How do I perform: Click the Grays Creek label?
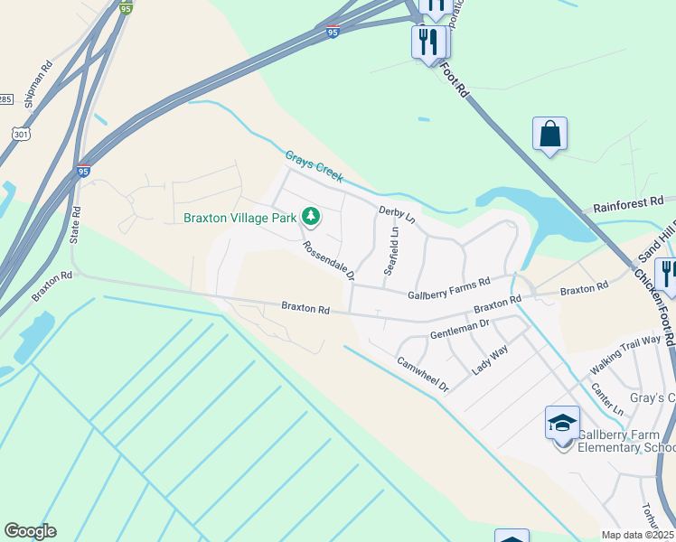314,166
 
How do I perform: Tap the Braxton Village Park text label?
240,218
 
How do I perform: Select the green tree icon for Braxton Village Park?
311,216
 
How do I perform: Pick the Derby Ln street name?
397,215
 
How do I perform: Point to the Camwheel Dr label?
423,373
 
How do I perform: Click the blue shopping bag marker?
549,135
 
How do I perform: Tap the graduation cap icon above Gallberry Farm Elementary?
561,422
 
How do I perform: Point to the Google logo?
30,531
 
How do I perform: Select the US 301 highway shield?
20,134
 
